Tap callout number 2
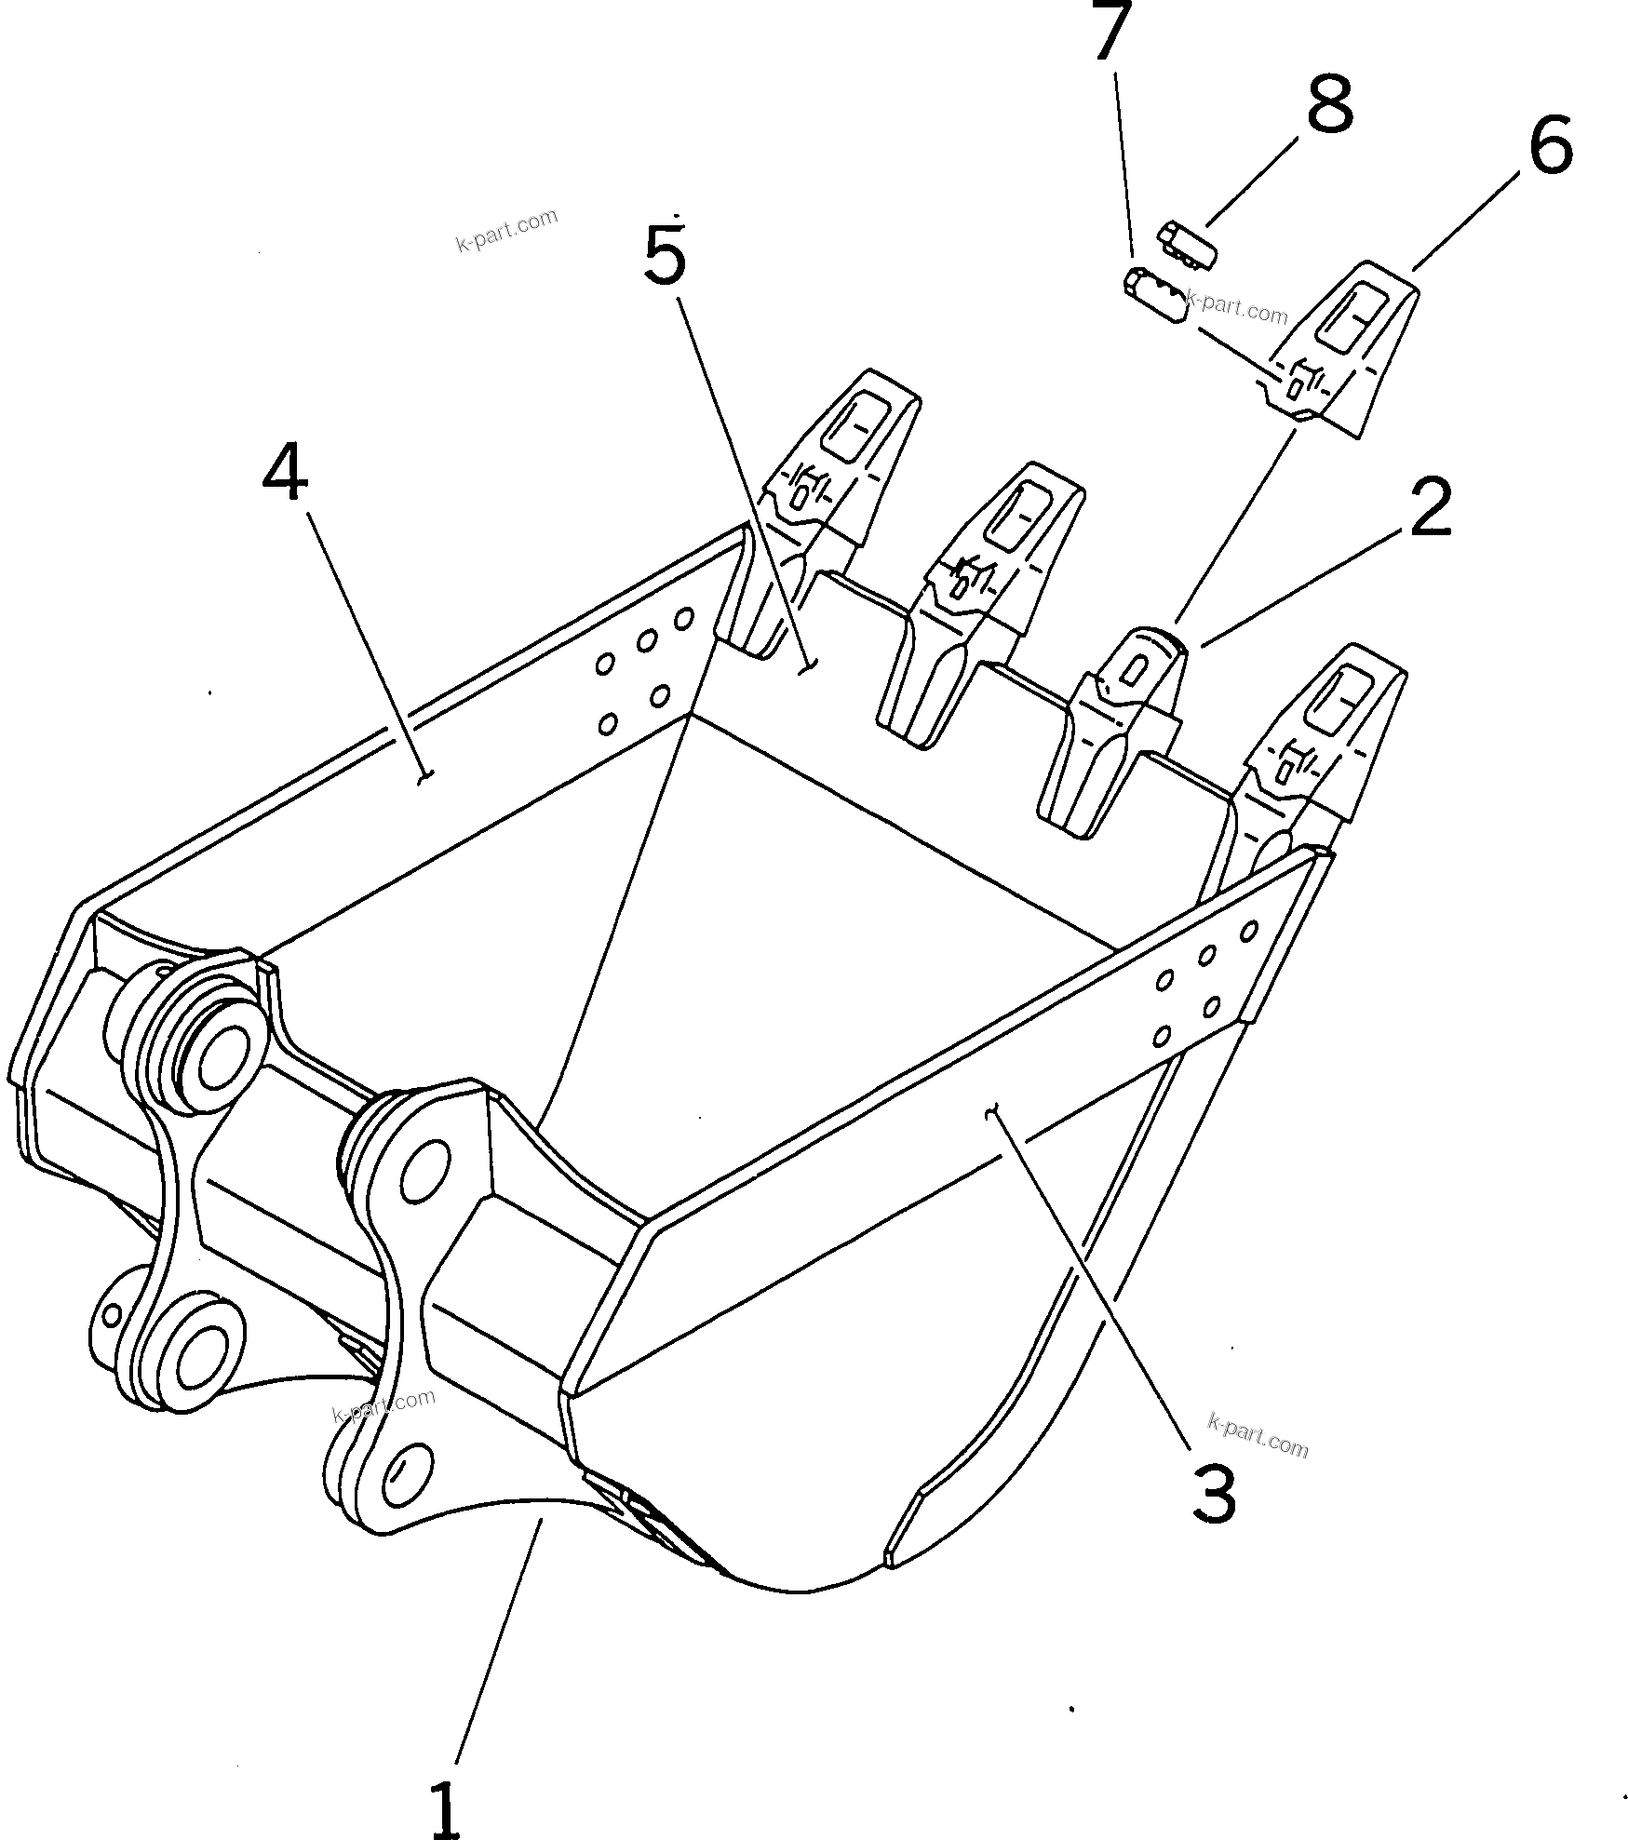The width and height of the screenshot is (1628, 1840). [1430, 507]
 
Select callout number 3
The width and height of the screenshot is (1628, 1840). [1213, 1492]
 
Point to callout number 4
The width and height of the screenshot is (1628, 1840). [285, 471]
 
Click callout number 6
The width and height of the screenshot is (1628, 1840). [1550, 144]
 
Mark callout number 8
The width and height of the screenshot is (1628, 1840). [1328, 104]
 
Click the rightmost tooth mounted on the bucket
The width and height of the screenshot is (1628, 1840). [1322, 745]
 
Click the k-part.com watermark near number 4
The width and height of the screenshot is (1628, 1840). [506, 230]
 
